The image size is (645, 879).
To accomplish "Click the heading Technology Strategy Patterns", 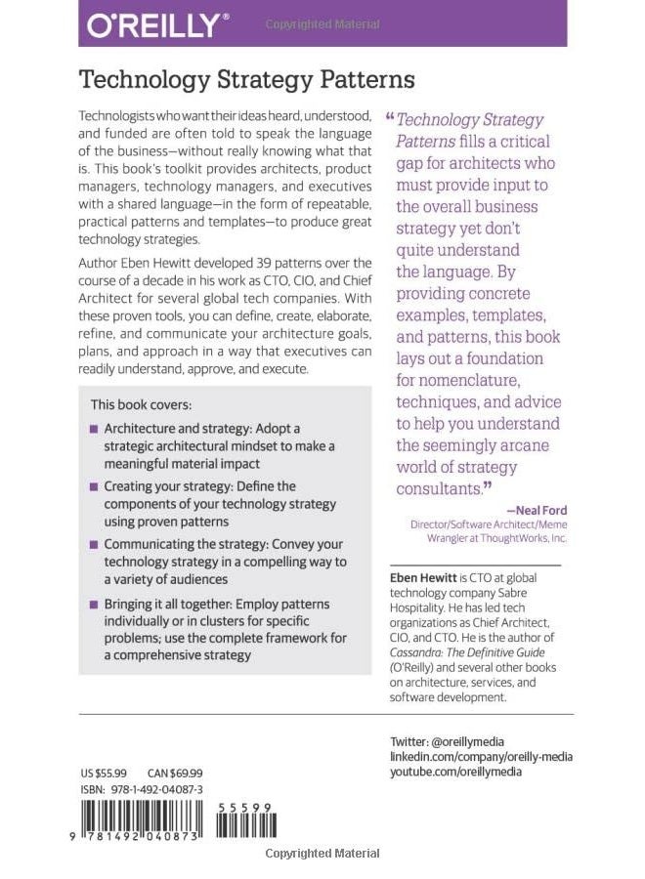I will pos(247,79).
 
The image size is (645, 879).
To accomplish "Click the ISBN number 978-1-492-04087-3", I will pos(162,786).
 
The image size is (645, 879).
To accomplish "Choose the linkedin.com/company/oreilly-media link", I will pos(481,756).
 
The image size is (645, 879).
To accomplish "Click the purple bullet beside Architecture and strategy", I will pos(94,429).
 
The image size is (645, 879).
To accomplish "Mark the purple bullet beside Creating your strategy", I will pos(94,485).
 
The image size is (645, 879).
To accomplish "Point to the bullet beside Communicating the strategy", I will pos(94,543).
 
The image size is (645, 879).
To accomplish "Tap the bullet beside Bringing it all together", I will pos(94,604).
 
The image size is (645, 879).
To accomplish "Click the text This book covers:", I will pos(141,403).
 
